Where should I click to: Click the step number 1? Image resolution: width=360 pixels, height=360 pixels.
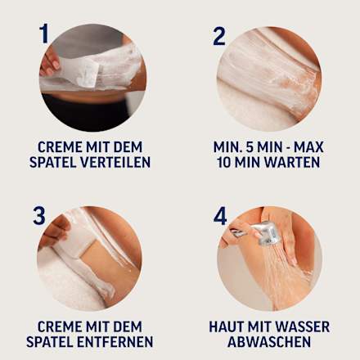click(x=43, y=34)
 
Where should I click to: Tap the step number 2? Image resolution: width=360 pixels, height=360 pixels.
click(x=219, y=36)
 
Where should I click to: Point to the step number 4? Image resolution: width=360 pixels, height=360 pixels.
click(x=220, y=216)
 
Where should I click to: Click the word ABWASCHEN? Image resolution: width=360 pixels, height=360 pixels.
click(x=269, y=342)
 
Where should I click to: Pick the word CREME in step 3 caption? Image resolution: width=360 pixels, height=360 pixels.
click(x=57, y=326)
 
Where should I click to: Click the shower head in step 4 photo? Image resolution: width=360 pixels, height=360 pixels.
click(x=266, y=233)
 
